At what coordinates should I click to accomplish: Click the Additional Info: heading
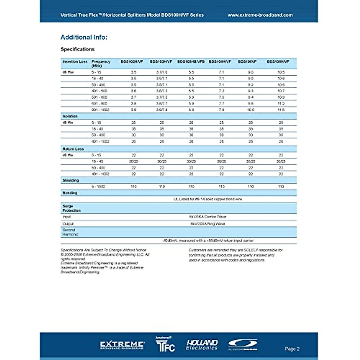pyautogui.click(x=84, y=37)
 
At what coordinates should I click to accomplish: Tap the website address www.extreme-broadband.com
pyautogui.click(x=260, y=15)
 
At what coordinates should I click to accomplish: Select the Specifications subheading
pyautogui.click(x=77, y=49)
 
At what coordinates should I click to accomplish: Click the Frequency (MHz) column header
pyautogui.click(x=101, y=63)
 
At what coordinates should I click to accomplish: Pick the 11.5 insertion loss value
pyautogui.click(x=281, y=110)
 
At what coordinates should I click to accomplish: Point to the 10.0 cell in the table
pyautogui.click(x=250, y=110)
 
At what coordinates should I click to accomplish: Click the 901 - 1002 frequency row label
pyautogui.click(x=100, y=110)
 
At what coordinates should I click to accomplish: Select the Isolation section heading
pyautogui.click(x=70, y=116)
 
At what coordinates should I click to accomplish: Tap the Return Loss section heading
pyautogui.click(x=73, y=149)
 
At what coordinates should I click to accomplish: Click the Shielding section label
pyautogui.click(x=70, y=180)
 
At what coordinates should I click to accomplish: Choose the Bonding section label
pyautogui.click(x=70, y=193)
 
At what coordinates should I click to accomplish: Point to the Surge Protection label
pyautogui.click(x=71, y=208)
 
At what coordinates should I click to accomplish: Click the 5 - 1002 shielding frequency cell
pyautogui.click(x=98, y=187)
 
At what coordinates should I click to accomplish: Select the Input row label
pyautogui.click(x=67, y=217)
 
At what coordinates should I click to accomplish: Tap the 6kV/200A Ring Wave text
pyautogui.click(x=208, y=223)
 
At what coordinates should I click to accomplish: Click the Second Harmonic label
pyautogui.click(x=70, y=232)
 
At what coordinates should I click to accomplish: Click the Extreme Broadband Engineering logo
pyautogui.click(x=122, y=345)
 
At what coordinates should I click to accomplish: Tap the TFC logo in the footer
pyautogui.click(x=165, y=345)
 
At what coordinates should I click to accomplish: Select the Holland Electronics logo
pyautogui.click(x=202, y=345)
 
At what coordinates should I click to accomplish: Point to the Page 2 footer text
pyautogui.click(x=292, y=349)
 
